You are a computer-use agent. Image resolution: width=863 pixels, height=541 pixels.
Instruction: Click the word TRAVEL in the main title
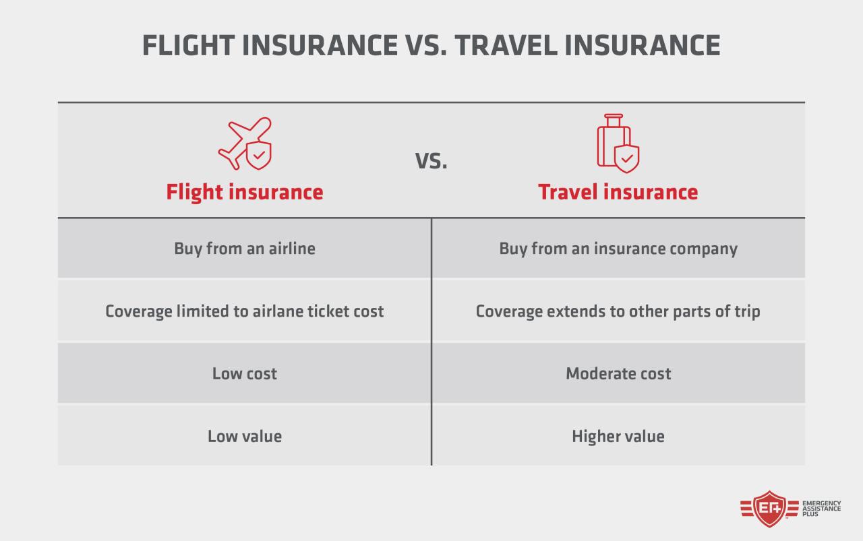pyautogui.click(x=502, y=45)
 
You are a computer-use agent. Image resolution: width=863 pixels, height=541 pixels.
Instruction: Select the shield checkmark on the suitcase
pyautogui.click(x=627, y=159)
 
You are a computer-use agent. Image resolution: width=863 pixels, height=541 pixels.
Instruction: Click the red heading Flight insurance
pyautogui.click(x=245, y=192)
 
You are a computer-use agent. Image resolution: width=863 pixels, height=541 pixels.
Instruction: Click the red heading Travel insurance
pyautogui.click(x=618, y=192)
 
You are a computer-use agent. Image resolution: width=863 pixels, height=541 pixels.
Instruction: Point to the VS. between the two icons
pyautogui.click(x=431, y=161)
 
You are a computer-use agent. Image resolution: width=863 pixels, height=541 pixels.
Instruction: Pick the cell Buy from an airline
pyautogui.click(x=245, y=248)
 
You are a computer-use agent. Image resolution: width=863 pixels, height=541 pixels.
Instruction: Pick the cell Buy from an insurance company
pyautogui.click(x=618, y=248)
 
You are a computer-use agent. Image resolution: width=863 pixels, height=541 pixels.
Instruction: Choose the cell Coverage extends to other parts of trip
pyautogui.click(x=618, y=311)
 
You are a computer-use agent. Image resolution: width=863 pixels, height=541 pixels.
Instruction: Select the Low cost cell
pyautogui.click(x=245, y=373)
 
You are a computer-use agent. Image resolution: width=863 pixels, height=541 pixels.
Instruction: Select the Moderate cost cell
pyautogui.click(x=618, y=373)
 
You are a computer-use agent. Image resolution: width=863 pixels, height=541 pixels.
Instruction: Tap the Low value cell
pyautogui.click(x=245, y=436)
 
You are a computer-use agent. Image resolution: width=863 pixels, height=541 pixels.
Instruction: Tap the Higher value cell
pyautogui.click(x=618, y=436)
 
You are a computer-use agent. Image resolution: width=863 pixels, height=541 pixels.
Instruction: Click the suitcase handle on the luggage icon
pyautogui.click(x=613, y=120)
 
